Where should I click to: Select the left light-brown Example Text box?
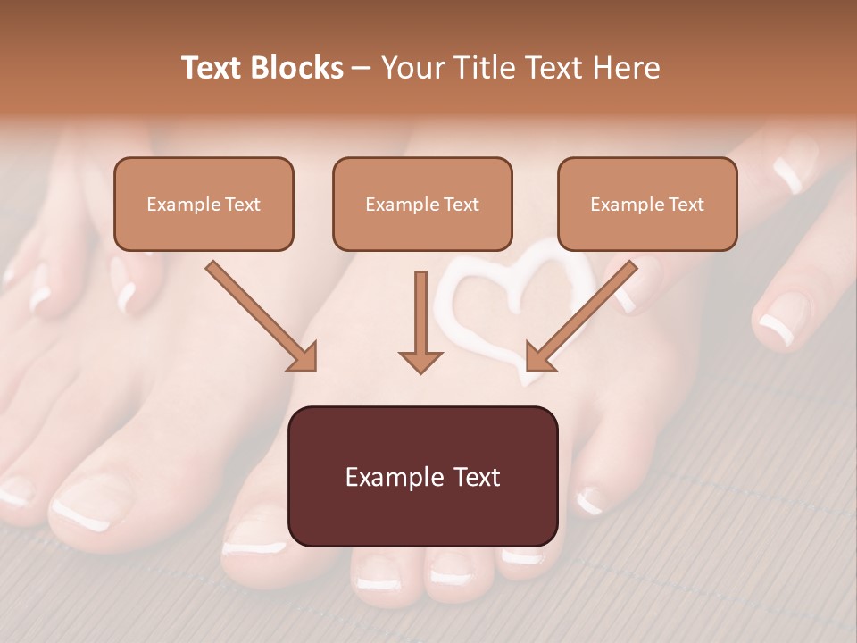click(x=204, y=204)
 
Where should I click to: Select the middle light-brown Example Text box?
click(x=422, y=204)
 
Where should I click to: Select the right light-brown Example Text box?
click(x=647, y=204)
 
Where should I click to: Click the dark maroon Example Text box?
click(x=422, y=477)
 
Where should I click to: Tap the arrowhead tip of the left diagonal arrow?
click(x=312, y=367)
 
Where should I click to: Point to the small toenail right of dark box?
click(x=589, y=501)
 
